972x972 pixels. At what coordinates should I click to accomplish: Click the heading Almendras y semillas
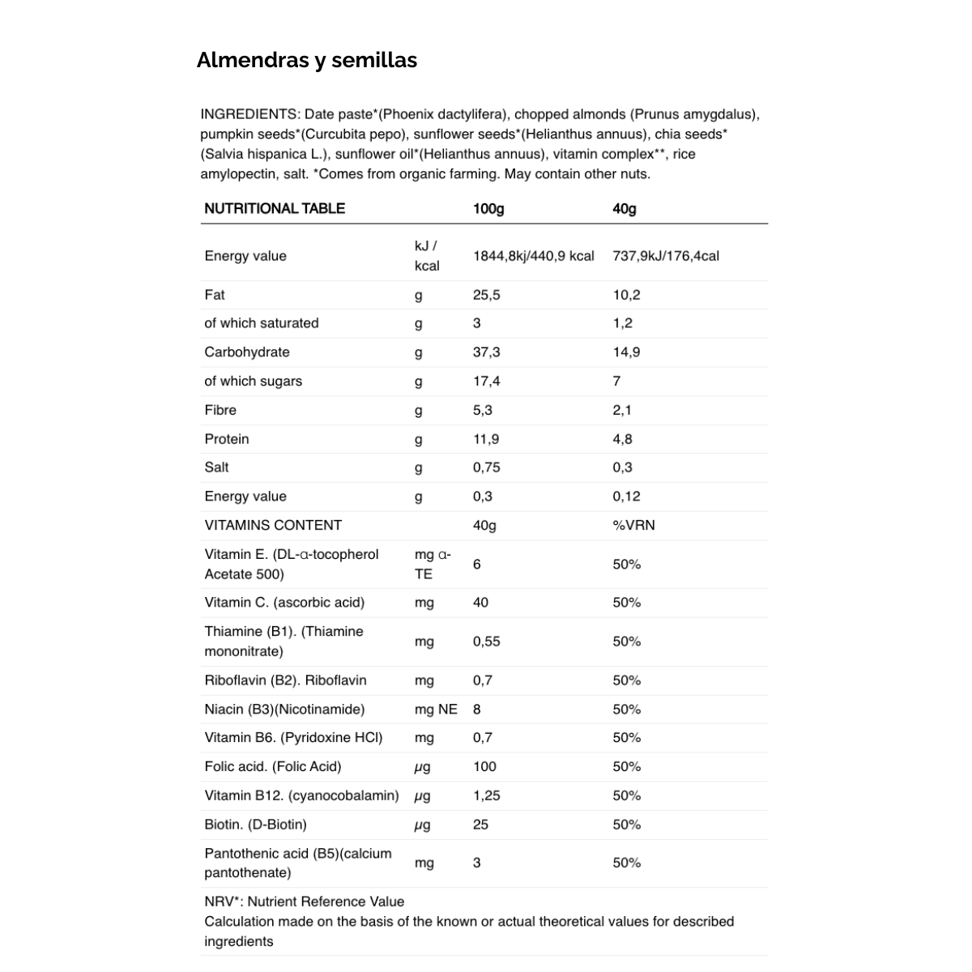(306, 60)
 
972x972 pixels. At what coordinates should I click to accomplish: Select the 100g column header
(488, 209)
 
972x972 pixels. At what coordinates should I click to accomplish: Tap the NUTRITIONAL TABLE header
(275, 209)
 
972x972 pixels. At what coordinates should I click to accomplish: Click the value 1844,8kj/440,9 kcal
(533, 256)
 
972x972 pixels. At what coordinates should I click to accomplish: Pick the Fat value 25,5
(486, 295)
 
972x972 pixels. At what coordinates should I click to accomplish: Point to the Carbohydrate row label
(246, 352)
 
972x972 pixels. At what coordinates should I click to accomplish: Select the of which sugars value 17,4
(486, 381)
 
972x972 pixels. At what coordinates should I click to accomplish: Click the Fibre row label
(220, 410)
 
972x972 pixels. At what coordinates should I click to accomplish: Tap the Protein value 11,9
(486, 439)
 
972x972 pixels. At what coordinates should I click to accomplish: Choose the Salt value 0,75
(486, 467)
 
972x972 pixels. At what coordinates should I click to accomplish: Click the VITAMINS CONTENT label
(273, 525)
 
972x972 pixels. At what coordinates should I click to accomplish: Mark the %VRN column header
(633, 525)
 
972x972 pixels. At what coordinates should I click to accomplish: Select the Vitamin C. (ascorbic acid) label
(284, 603)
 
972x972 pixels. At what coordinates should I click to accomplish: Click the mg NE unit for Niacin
(436, 710)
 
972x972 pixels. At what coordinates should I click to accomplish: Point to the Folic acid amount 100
(484, 766)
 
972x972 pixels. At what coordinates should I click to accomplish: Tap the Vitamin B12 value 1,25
(486, 795)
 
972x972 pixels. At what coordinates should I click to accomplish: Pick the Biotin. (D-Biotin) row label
(255, 825)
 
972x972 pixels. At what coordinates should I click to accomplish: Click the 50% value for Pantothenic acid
(626, 863)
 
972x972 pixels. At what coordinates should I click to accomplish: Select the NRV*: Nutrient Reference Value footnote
(304, 902)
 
